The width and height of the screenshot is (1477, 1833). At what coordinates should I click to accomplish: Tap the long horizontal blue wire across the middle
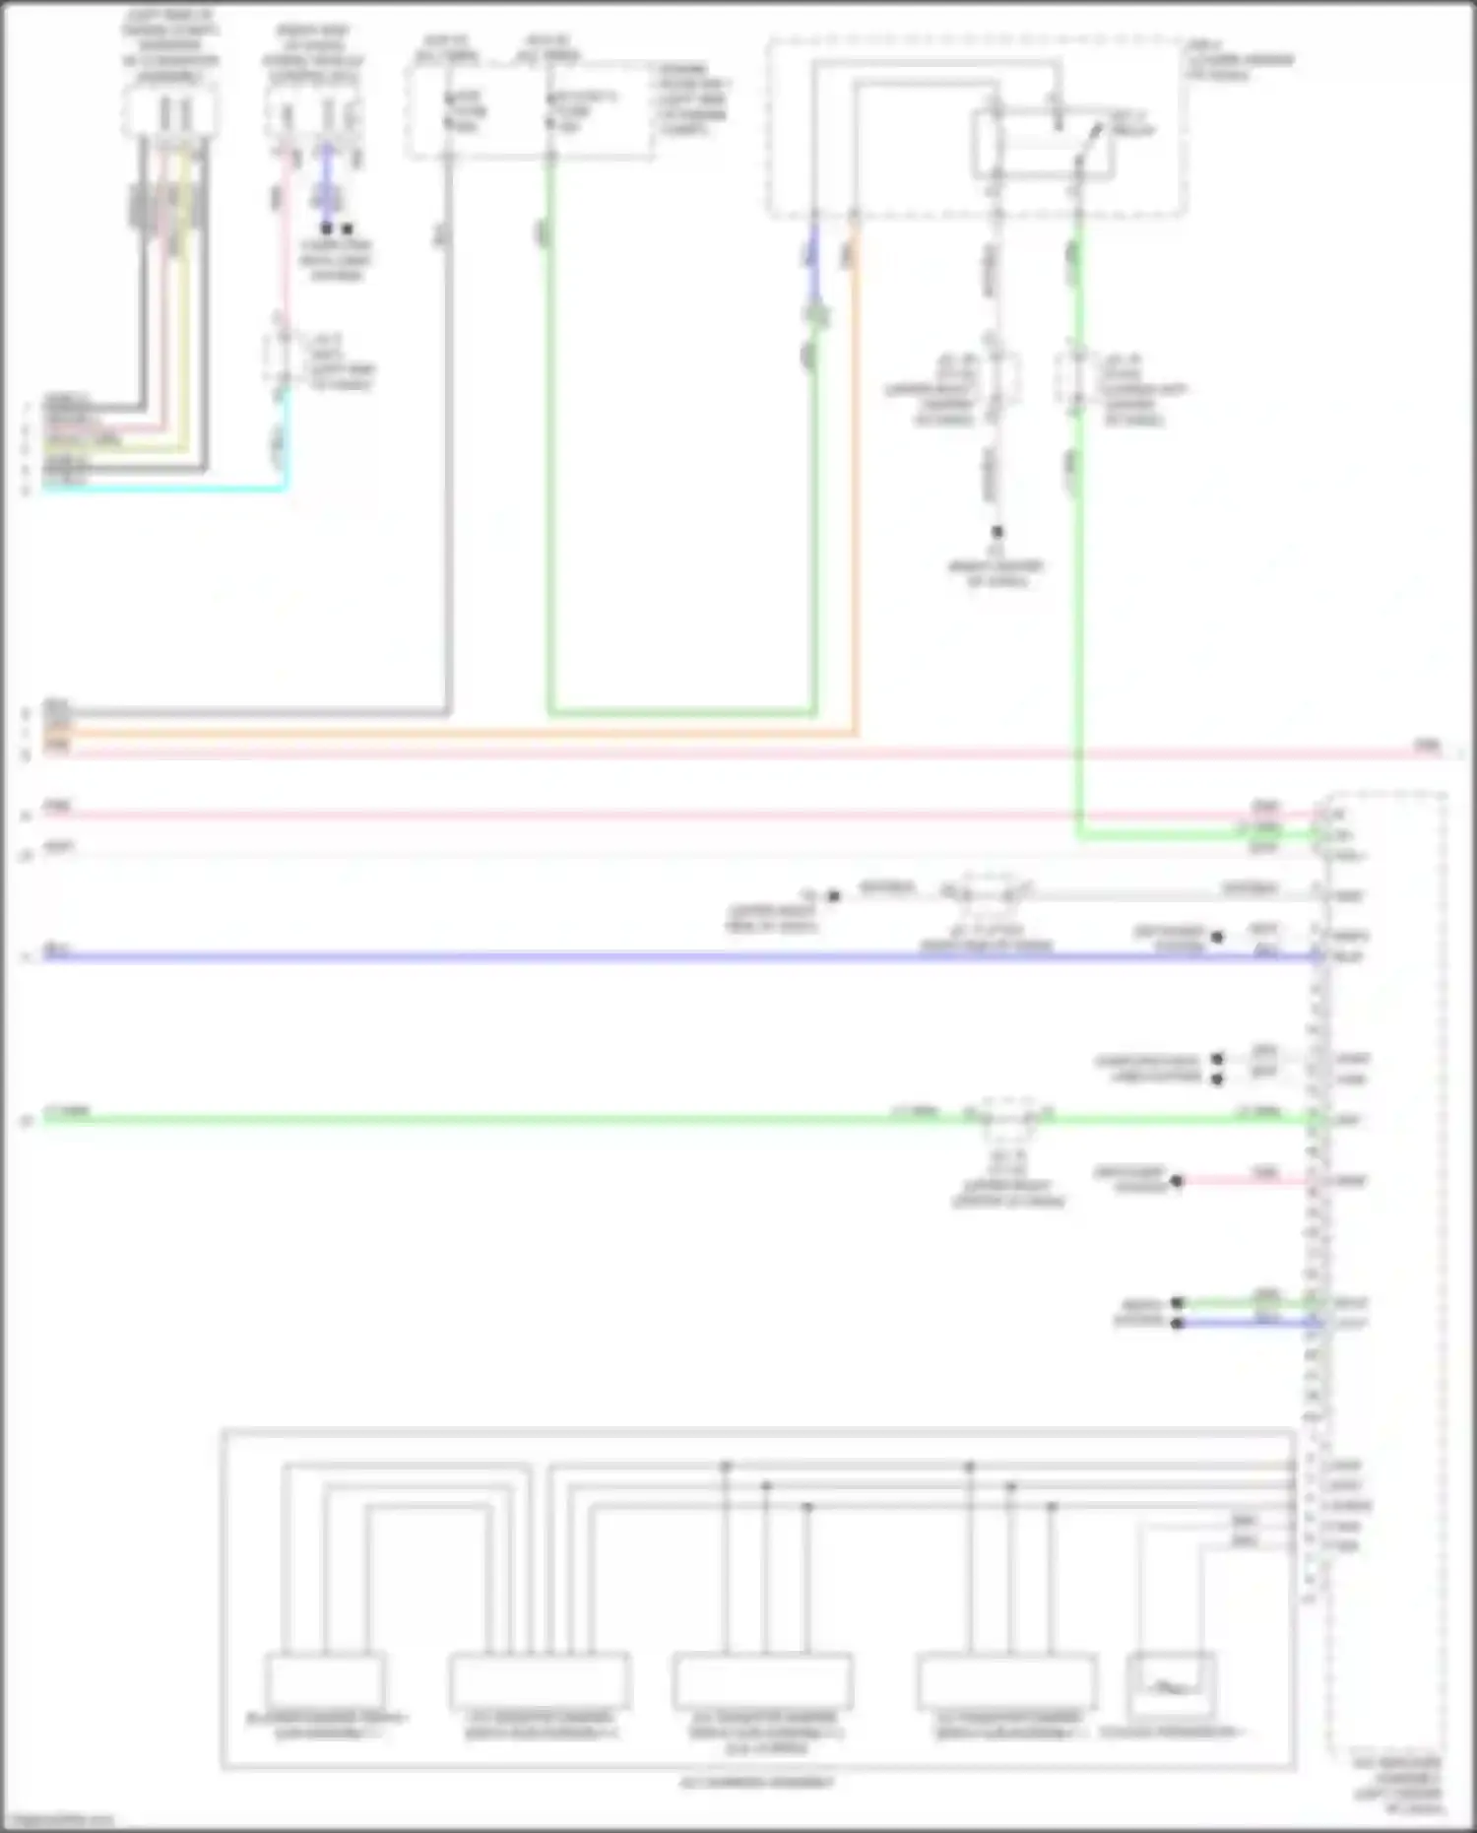[591, 956]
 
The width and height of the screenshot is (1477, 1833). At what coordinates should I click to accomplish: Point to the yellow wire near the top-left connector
[185, 295]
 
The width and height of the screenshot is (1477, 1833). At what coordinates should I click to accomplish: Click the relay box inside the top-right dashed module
[1044, 146]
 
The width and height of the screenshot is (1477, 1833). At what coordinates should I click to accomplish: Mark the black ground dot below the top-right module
[997, 532]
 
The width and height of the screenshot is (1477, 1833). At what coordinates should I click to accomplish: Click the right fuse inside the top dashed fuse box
[551, 111]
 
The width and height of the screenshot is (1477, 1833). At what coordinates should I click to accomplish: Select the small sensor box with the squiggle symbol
[1171, 1686]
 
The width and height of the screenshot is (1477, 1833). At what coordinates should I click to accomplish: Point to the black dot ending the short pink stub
[1177, 1180]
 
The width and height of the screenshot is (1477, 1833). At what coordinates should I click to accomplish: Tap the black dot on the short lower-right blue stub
[1177, 1323]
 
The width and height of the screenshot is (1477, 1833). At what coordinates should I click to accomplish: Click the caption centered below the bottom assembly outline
[757, 1783]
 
